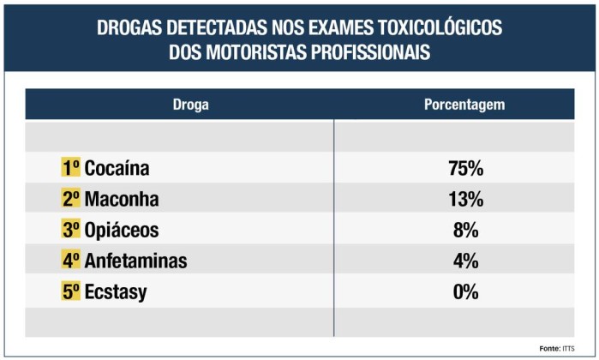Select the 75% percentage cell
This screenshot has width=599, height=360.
tap(465, 168)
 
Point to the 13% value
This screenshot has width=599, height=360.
tap(465, 200)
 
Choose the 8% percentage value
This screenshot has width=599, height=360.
tap(465, 231)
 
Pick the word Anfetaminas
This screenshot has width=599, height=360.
tap(135, 261)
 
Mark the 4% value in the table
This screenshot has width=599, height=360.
tap(465, 261)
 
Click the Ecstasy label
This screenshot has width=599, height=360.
tap(116, 291)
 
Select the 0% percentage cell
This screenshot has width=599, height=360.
tap(465, 291)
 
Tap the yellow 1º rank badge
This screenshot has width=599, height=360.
tap(70, 168)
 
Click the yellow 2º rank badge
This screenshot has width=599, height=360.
tap(70, 200)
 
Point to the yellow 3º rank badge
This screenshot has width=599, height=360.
tap(70, 231)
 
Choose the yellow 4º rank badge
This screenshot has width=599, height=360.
tap(70, 261)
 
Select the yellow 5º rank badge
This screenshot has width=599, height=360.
tap(70, 291)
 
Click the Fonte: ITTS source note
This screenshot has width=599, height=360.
tap(556, 348)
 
